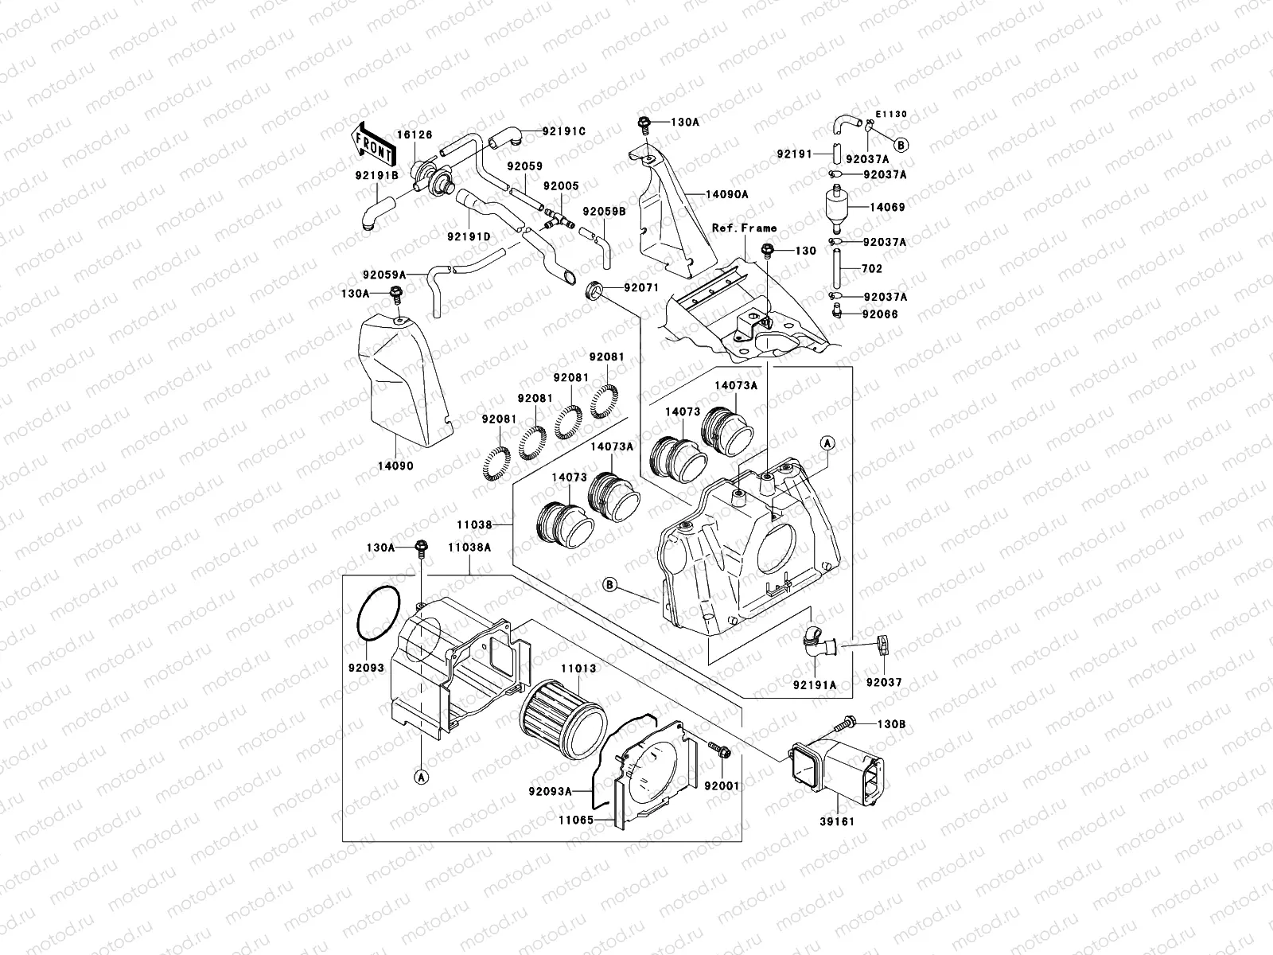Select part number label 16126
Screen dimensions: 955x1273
[x=415, y=135]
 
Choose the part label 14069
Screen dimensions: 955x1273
[x=887, y=207]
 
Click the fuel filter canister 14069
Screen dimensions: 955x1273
[x=837, y=207]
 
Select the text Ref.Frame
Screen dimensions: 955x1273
[x=744, y=228]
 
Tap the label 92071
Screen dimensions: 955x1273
[x=641, y=287]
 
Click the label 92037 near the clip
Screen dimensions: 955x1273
[x=884, y=683]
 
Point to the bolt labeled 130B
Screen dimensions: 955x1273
[x=845, y=723]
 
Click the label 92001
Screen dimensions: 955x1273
[x=722, y=786]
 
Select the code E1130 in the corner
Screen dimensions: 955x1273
[x=892, y=114]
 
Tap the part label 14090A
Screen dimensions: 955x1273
[x=726, y=193]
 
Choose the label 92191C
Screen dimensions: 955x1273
[x=564, y=131]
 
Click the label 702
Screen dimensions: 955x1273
[x=872, y=269]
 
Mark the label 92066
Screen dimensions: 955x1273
[x=879, y=314]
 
